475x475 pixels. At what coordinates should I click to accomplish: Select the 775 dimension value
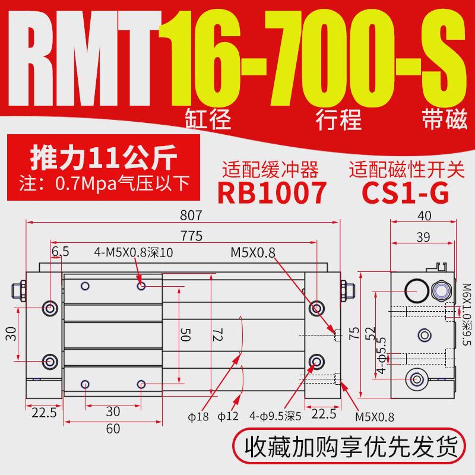[x=191, y=236]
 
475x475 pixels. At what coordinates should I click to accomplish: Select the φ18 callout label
[x=202, y=416]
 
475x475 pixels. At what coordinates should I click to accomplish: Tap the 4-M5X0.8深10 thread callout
[x=134, y=252]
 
